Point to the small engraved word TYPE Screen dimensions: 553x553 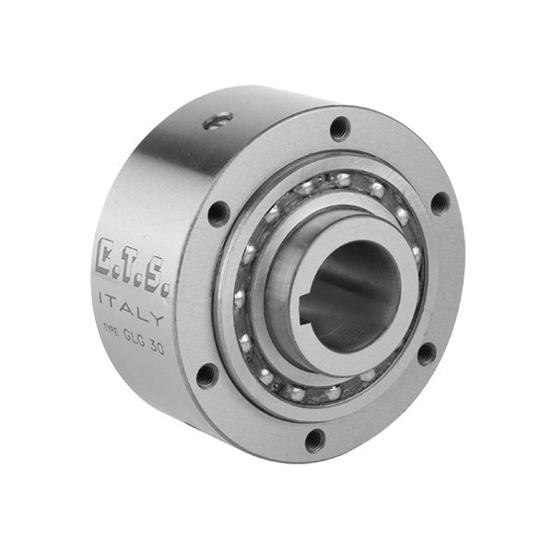[x=108, y=330]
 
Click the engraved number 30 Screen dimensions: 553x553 [x=167, y=340]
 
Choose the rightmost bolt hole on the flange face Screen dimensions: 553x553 [x=441, y=203]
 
